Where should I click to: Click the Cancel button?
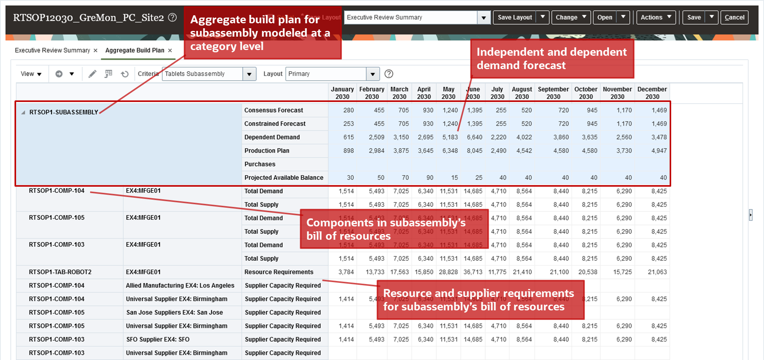click(734, 17)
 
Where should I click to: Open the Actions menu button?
click(656, 17)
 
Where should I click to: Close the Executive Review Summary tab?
click(95, 50)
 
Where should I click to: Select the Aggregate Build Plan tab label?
click(134, 50)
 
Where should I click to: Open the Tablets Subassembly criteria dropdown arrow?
click(249, 74)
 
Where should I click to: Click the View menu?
click(31, 74)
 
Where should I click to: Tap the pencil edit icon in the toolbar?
click(92, 74)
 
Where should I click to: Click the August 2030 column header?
click(522, 93)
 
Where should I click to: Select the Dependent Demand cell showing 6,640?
click(474, 137)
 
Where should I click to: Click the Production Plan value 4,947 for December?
click(659, 151)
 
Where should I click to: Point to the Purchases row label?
click(260, 164)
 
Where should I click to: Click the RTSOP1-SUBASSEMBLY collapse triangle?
click(23, 112)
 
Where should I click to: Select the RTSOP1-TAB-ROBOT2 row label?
click(60, 272)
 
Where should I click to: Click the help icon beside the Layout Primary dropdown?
click(388, 74)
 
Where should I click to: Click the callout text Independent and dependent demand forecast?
click(551, 58)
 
